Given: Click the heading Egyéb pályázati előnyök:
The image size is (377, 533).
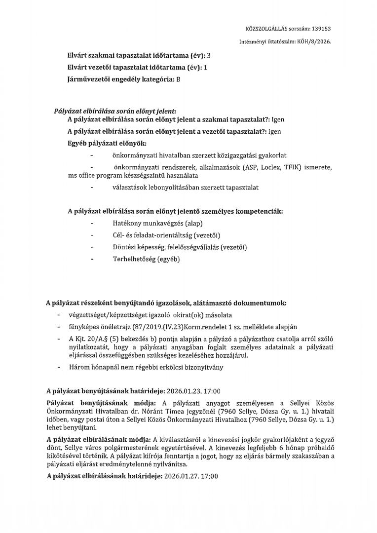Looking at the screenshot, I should [x=104, y=143].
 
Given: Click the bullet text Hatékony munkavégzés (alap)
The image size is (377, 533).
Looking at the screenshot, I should [x=154, y=224].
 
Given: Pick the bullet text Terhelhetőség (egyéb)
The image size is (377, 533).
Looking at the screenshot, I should [x=147, y=259].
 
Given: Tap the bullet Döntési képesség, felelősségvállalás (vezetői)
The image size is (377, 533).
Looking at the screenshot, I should [x=180, y=247].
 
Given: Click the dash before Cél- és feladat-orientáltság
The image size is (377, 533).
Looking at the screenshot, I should [x=92, y=235].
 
